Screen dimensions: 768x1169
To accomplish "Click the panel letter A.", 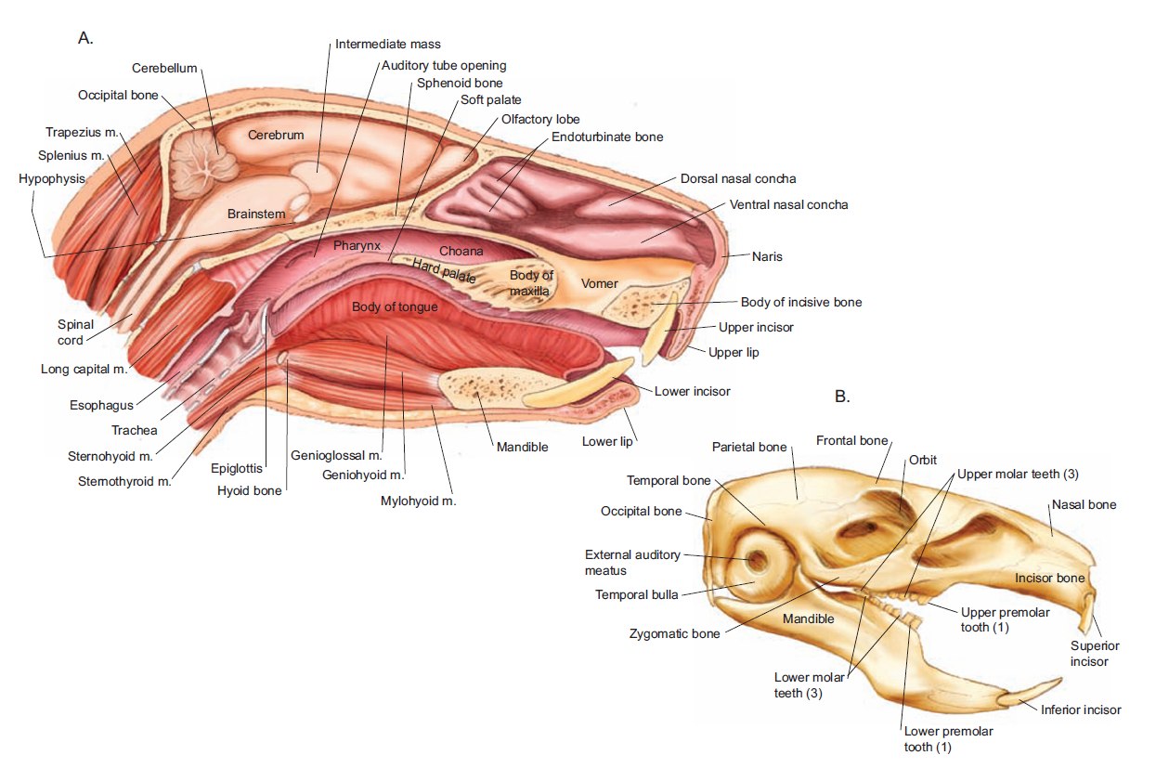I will pos(85,39).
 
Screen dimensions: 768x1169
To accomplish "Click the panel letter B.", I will pos(842,397).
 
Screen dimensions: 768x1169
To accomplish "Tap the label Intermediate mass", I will pos(387,44).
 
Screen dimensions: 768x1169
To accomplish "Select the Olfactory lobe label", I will pos(540,119).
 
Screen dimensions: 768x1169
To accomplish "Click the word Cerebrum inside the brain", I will pos(276,136).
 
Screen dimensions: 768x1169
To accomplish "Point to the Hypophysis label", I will pos(51,178).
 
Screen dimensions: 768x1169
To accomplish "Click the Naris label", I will pos(768,255).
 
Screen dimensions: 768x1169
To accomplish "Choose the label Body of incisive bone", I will pos(800,302).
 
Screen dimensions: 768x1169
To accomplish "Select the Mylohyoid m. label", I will pos(421,501).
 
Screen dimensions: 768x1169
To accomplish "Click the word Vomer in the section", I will pos(599,283).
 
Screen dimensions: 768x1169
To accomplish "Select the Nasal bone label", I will pos(1084,505).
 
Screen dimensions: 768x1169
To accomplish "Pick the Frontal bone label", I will pos(851,440).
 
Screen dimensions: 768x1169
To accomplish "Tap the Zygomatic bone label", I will pos(674,634).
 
